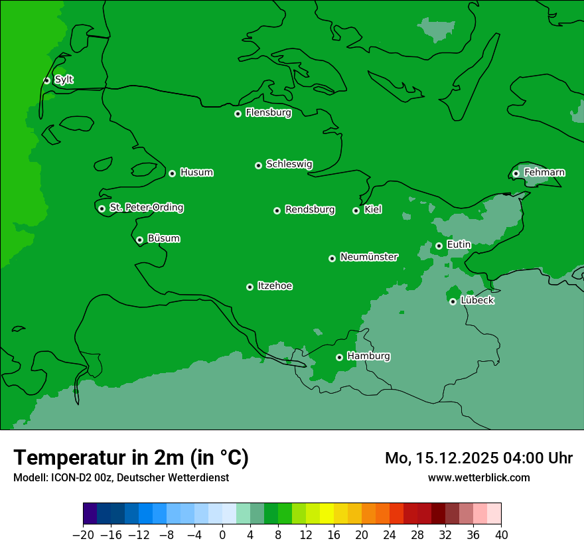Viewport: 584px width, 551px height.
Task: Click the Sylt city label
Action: click(x=64, y=80)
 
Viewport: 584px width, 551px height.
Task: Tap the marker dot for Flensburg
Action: click(x=238, y=114)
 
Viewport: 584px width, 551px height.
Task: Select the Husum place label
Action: click(x=196, y=173)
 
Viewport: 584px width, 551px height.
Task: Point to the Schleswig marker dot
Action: click(x=259, y=165)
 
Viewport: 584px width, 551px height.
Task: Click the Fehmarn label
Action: click(x=544, y=173)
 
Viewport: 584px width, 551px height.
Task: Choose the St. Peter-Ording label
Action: click(x=146, y=208)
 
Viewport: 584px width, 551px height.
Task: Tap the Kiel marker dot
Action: click(x=356, y=210)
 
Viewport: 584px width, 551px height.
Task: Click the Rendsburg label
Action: click(x=310, y=210)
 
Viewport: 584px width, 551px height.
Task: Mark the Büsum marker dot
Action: click(x=139, y=240)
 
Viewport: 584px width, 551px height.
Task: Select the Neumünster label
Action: click(x=369, y=257)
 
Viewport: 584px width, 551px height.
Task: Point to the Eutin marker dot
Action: click(x=439, y=246)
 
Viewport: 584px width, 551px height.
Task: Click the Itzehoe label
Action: click(x=275, y=286)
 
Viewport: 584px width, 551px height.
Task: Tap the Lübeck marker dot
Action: click(x=453, y=301)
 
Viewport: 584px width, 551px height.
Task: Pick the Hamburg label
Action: click(x=368, y=356)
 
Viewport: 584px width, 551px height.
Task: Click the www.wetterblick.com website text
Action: click(x=478, y=477)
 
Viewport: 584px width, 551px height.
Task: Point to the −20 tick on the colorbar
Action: click(x=83, y=534)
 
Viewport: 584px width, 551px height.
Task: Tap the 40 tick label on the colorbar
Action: click(x=501, y=534)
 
